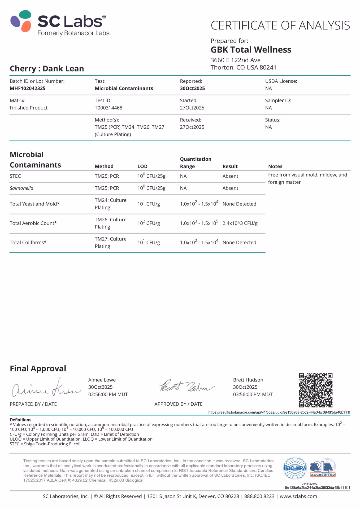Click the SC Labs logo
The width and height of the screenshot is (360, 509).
point(60,23)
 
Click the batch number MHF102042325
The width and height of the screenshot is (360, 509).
point(28,88)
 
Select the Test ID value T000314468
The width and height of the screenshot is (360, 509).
point(108,108)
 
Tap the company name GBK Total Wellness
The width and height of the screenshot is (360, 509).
point(251,50)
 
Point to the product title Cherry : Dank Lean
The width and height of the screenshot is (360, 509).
point(47,68)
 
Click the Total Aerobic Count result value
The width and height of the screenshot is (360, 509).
point(240,223)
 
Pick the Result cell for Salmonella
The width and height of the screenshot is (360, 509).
point(230,188)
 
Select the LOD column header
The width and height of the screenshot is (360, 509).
point(142,166)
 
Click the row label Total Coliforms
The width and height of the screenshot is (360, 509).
point(28,242)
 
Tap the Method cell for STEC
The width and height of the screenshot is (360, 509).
point(107,176)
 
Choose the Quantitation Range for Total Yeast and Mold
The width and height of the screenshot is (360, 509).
point(199,204)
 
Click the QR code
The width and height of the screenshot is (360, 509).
point(315,390)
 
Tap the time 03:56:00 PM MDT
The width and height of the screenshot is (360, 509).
point(253,394)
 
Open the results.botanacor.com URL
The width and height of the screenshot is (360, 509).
point(279,412)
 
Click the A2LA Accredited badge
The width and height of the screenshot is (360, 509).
point(323,468)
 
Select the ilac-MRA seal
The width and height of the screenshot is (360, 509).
point(295,468)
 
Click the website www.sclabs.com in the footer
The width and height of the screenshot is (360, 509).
point(298,496)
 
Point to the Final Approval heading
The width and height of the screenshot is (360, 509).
point(38,368)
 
